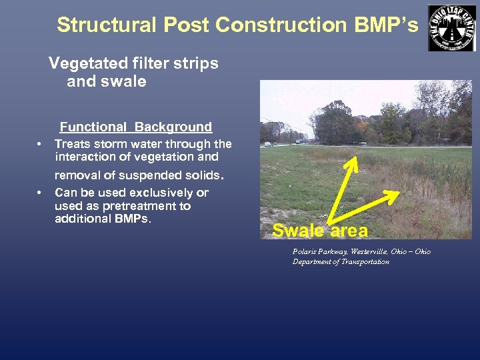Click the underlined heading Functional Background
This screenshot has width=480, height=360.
136,127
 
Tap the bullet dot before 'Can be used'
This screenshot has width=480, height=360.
39,193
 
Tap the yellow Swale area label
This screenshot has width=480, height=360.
320,231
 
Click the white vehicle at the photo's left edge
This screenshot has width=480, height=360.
267,143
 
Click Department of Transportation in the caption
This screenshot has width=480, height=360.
341,262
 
